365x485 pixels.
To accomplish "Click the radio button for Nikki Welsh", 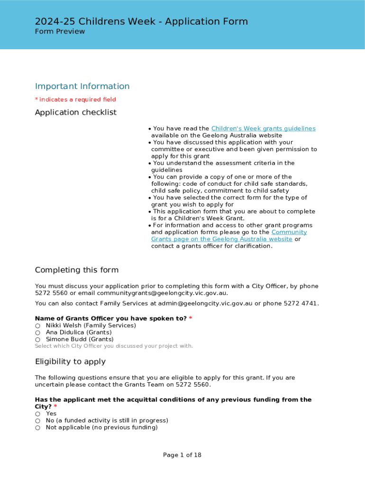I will pos(37,326).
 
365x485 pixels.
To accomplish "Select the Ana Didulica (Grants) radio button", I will pos(37,332).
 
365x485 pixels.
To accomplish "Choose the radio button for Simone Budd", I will pos(37,340).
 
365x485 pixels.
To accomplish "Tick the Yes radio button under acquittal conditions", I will pos(37,414).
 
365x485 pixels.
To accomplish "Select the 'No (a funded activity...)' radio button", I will pos(37,421).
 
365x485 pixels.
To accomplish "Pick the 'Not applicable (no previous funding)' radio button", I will pos(37,428).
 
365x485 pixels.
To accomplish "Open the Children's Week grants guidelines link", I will pos(263,128).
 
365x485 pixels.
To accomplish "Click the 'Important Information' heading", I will pos(82,86).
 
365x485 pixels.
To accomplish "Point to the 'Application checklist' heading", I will pos(76,112).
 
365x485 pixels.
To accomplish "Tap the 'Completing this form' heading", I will pos(77,270).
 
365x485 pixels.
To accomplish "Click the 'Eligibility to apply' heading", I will pos(70,362).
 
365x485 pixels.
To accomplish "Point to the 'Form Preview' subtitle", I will pos(60,32).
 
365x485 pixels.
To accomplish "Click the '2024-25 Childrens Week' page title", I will pos(141,21).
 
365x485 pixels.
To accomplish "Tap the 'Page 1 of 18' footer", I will pos(182,455).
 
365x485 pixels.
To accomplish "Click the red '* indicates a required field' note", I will pos(75,99).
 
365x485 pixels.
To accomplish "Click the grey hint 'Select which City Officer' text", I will pos(114,346).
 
